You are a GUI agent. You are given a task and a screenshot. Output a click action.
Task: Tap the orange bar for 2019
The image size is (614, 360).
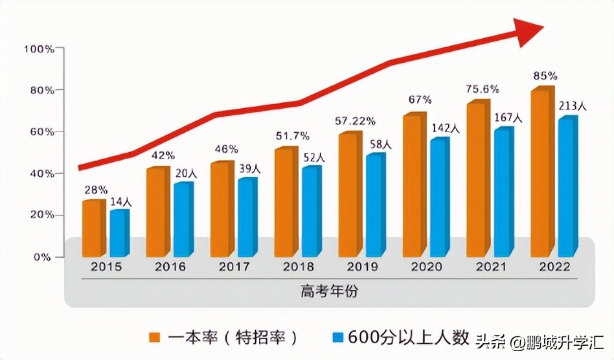pos(350,194)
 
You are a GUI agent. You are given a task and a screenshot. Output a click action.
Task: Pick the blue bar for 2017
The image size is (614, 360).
pos(245,217)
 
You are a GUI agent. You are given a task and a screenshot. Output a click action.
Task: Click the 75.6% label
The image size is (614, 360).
pos(481,90)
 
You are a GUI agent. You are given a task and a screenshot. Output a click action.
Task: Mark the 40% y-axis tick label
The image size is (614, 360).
pos(40,174)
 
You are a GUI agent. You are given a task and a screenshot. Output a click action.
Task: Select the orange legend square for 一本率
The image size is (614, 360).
pos(154,337)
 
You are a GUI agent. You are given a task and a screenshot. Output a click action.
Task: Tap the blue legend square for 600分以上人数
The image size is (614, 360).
pos(337,337)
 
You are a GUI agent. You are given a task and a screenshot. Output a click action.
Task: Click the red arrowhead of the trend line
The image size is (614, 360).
pos(528,31)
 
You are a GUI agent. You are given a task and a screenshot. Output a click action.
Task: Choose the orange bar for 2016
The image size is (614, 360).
pos(157,211)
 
